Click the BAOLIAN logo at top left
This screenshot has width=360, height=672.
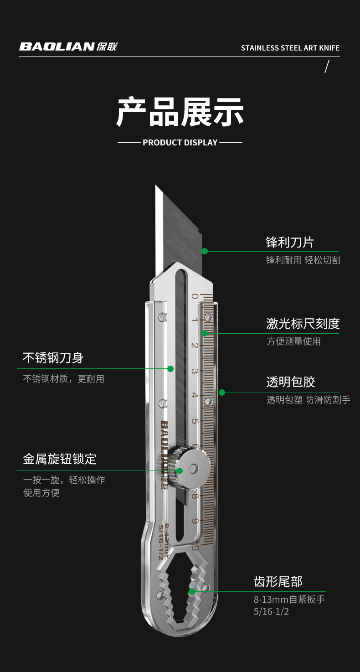click(x=68, y=47)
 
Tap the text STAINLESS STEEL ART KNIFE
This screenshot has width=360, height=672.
click(x=290, y=48)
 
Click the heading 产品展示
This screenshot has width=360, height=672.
click(x=180, y=112)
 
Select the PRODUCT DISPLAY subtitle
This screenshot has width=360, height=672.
click(x=180, y=143)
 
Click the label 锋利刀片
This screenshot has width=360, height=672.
click(x=290, y=242)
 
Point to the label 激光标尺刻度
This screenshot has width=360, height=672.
click(x=303, y=324)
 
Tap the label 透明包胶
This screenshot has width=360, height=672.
click(x=290, y=382)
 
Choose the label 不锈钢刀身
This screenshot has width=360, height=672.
click(x=53, y=358)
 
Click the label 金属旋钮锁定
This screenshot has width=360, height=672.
click(x=60, y=459)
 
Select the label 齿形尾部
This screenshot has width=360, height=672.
click(x=278, y=582)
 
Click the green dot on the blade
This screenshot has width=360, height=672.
click(x=205, y=251)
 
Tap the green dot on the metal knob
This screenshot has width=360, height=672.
click(x=180, y=470)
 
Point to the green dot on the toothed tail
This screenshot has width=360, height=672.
click(x=192, y=591)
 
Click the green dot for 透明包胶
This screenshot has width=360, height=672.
click(x=222, y=393)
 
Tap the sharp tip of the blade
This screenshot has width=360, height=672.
click(x=156, y=186)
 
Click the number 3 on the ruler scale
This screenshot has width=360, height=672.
click(x=195, y=371)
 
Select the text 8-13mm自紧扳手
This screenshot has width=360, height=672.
click(x=289, y=600)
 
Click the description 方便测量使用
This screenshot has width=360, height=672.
click(x=293, y=341)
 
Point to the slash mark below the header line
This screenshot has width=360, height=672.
click(x=326, y=67)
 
